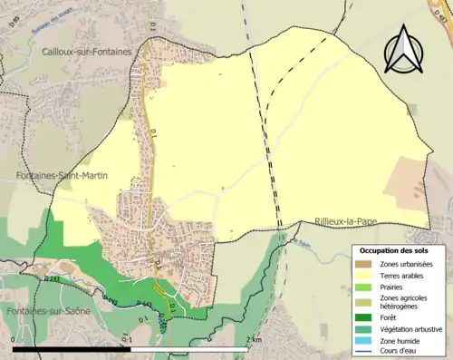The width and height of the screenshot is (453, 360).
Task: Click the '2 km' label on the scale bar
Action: (x=254, y=339)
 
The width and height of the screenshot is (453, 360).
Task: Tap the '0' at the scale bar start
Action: (x=14, y=339)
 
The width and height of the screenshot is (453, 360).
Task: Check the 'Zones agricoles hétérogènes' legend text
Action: (x=405, y=301)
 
